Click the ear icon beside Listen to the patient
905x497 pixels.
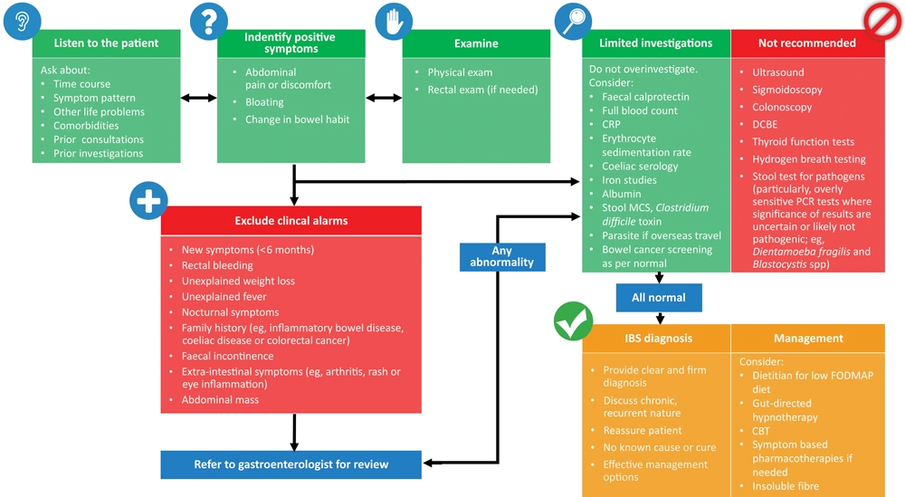click(22, 22)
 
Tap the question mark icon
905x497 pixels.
click(209, 22)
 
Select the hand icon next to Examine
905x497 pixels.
click(394, 22)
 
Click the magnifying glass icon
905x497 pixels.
click(573, 22)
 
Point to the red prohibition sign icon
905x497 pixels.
click(882, 22)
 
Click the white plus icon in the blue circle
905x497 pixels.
click(149, 201)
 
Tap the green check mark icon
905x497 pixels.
click(573, 321)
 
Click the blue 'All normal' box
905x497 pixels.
click(659, 298)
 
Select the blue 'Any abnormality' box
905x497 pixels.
click(502, 257)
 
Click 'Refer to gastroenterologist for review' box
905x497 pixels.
click(291, 464)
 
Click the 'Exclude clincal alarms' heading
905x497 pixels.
click(291, 221)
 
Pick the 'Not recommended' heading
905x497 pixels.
click(807, 43)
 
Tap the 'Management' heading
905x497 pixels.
click(808, 339)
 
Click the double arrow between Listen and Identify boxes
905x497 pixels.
click(198, 98)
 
